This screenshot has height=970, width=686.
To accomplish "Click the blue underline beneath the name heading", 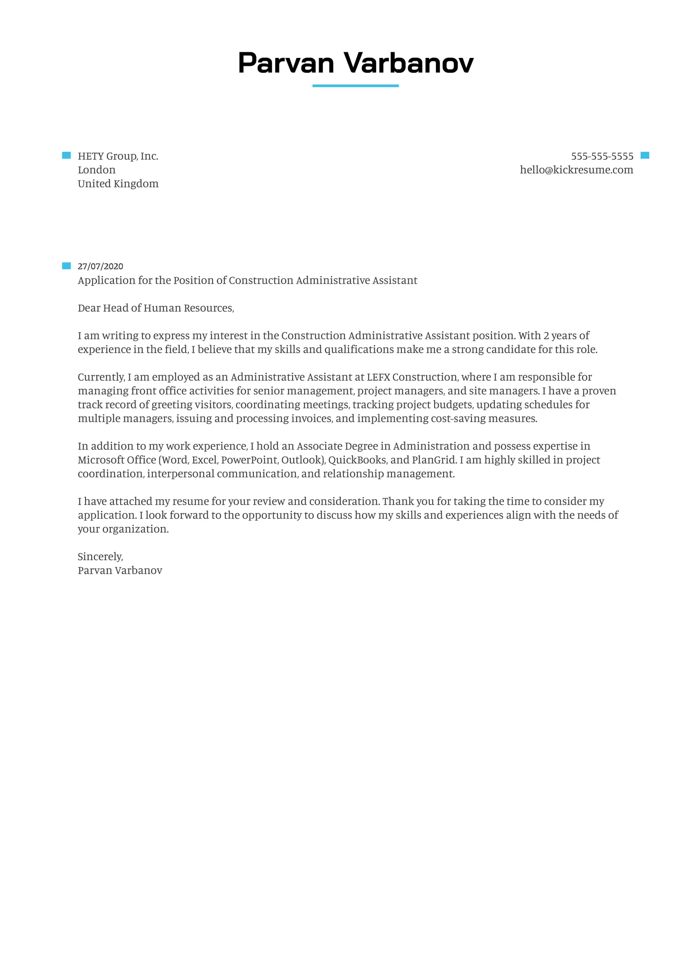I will tap(355, 86).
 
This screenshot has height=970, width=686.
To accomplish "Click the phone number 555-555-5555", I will tap(602, 156).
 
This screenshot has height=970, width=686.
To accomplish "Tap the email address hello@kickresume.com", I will tap(576, 170).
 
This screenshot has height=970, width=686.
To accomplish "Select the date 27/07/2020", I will tap(100, 266).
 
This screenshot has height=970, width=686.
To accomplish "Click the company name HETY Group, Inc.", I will tap(118, 156).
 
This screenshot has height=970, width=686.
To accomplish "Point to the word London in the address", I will tap(96, 170).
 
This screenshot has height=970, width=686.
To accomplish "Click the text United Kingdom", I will tap(118, 184).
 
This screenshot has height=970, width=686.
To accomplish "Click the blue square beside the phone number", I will tap(645, 156).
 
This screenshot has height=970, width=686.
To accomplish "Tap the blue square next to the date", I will tap(66, 266).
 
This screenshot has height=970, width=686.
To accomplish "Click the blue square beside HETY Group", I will tap(66, 156).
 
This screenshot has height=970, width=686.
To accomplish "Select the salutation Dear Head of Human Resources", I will tap(156, 308).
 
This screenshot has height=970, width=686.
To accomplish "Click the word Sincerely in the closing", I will tap(100, 556).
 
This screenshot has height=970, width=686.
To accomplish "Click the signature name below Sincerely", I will tap(120, 571).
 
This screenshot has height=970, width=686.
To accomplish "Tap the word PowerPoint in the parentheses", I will tap(249, 460).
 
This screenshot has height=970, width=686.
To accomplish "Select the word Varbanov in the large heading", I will tap(409, 63).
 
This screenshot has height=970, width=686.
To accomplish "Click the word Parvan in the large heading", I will tap(286, 63).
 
